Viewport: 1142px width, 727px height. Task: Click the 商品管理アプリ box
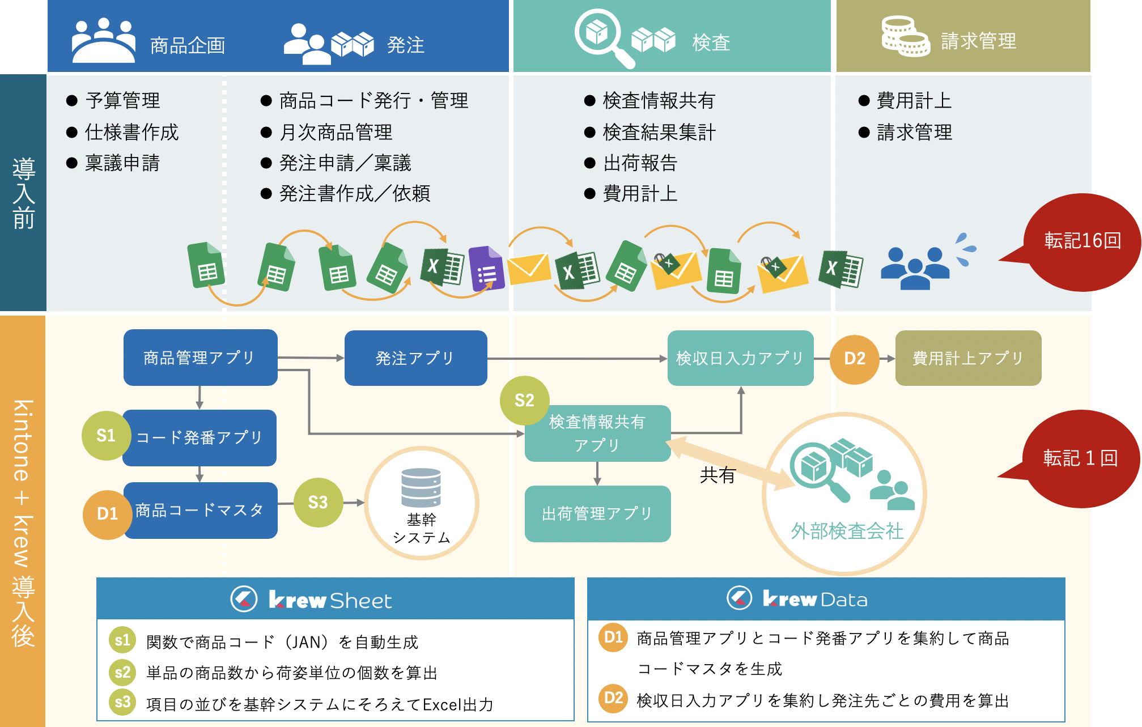(200, 358)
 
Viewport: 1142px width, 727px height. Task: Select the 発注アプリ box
(415, 358)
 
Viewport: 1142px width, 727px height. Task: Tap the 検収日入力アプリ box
(740, 358)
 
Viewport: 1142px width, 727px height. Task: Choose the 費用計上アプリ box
(968, 358)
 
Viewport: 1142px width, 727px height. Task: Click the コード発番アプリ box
(199, 437)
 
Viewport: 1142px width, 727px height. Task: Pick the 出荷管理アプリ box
(597, 513)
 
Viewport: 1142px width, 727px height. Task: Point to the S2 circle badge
(524, 401)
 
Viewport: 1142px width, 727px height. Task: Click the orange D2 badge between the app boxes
(854, 359)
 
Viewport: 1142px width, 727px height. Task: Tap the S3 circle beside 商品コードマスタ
(318, 502)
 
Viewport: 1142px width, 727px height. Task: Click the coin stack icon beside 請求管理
(905, 37)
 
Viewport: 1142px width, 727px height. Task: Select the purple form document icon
(486, 269)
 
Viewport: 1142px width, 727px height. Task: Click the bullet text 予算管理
(122, 101)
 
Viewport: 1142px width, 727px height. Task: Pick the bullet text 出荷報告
(640, 163)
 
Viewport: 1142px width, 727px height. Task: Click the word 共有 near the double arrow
(717, 475)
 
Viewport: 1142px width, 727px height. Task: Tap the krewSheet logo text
(330, 600)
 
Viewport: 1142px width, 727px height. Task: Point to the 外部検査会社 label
(847, 531)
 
